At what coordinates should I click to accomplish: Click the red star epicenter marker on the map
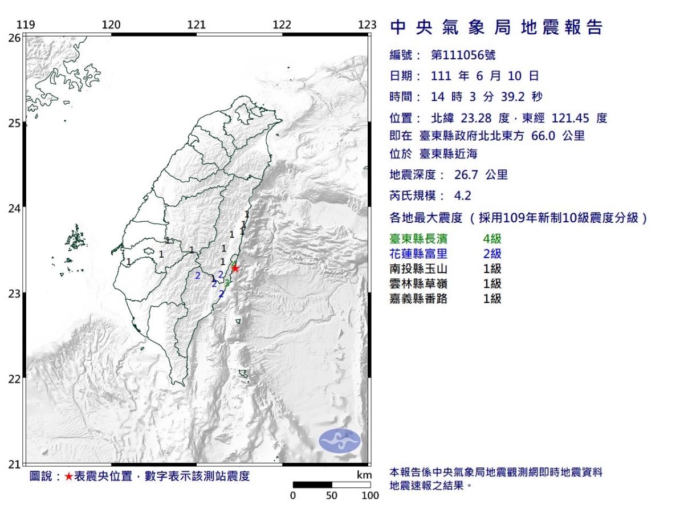pyautogui.click(x=234, y=268)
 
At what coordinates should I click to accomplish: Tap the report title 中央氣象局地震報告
pyautogui.click(x=496, y=27)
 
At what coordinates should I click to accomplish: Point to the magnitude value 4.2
pyautogui.click(x=462, y=196)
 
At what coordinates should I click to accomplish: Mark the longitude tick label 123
pyautogui.click(x=368, y=25)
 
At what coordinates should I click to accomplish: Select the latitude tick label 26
pyautogui.click(x=14, y=38)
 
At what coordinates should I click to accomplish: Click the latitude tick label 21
pyautogui.click(x=14, y=465)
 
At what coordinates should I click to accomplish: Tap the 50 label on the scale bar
pyautogui.click(x=332, y=495)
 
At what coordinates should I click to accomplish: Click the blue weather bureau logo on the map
pyautogui.click(x=340, y=441)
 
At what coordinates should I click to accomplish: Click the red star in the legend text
pyautogui.click(x=68, y=477)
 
